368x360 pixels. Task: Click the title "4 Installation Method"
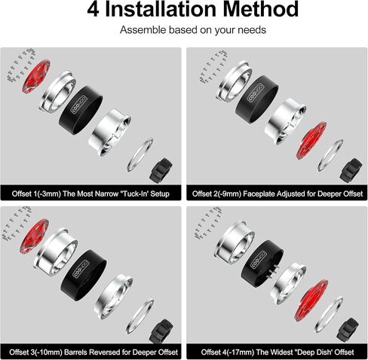[x=184, y=11]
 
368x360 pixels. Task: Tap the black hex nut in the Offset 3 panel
[x=161, y=328]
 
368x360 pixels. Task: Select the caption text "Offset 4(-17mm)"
[x=222, y=350]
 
